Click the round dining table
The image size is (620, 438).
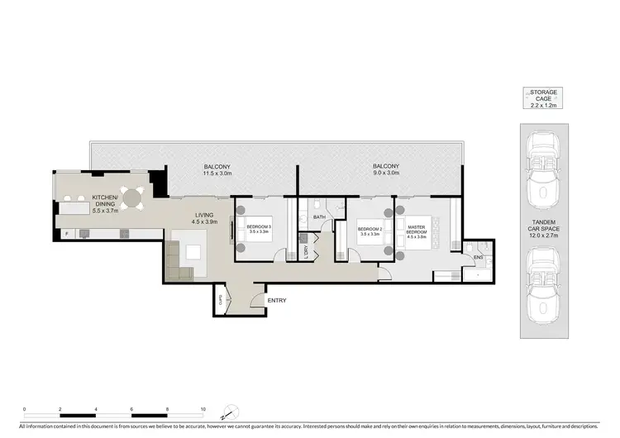click(133, 197)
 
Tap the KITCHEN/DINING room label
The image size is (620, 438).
click(105, 202)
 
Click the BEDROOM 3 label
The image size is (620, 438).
click(259, 230)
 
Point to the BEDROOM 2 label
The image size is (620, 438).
click(369, 231)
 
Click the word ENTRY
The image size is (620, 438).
click(276, 300)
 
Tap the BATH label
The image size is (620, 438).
click(319, 217)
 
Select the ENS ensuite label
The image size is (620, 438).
click(478, 257)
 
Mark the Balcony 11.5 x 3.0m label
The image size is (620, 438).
click(218, 170)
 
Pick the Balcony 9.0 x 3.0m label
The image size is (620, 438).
click(385, 170)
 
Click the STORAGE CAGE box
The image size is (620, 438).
click(544, 98)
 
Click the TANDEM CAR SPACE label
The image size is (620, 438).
click(544, 229)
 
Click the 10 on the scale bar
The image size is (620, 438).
click(203, 409)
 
